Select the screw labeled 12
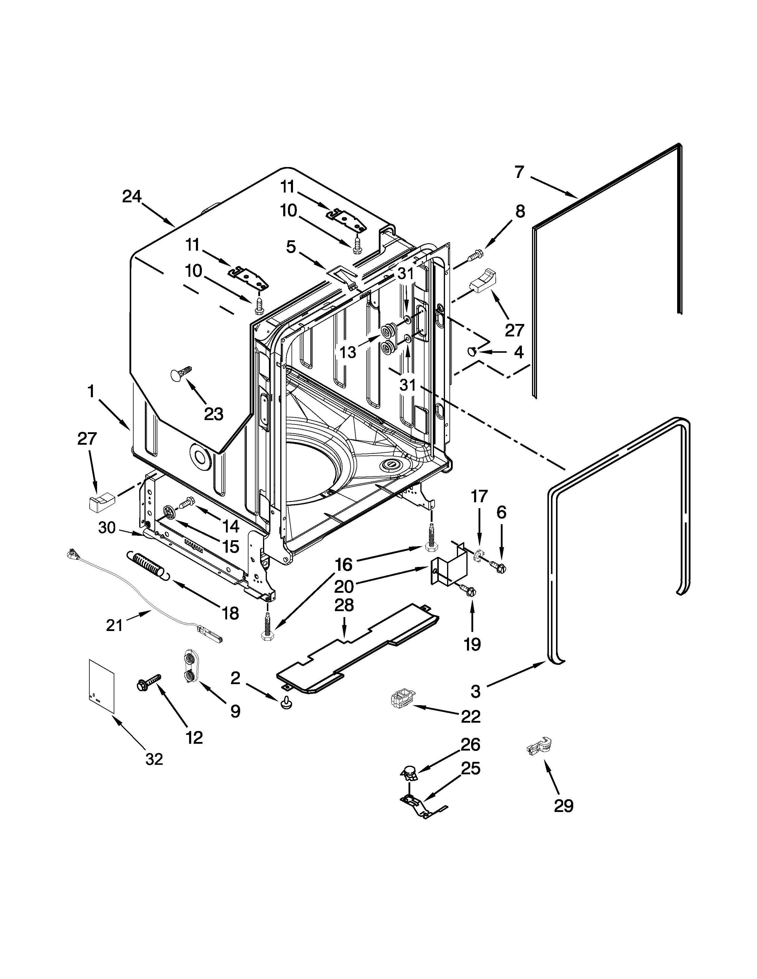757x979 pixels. pyautogui.click(x=149, y=682)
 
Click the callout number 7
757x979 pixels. pyautogui.click(x=519, y=172)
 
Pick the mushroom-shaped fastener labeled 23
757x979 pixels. pyautogui.click(x=180, y=374)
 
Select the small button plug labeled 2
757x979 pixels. pyautogui.click(x=286, y=704)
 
